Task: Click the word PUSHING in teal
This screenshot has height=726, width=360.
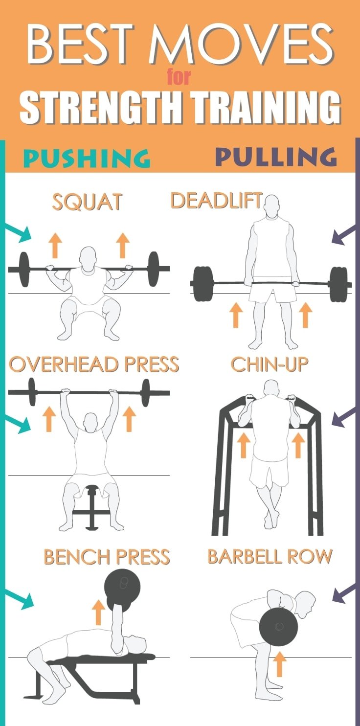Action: tap(87, 158)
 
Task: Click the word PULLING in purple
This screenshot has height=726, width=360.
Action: tap(276, 156)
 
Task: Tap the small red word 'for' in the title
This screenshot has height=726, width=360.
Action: tap(179, 77)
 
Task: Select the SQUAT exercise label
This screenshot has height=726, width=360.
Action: tap(87, 202)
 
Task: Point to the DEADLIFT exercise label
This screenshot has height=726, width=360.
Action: tap(216, 200)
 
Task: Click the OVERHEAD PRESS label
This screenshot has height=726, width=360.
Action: tap(94, 364)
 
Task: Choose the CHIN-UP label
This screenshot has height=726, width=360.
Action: tap(270, 364)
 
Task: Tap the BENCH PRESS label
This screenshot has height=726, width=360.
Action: tap(107, 557)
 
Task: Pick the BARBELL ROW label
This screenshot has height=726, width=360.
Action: tap(270, 556)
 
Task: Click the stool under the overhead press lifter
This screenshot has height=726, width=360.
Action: tap(91, 507)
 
